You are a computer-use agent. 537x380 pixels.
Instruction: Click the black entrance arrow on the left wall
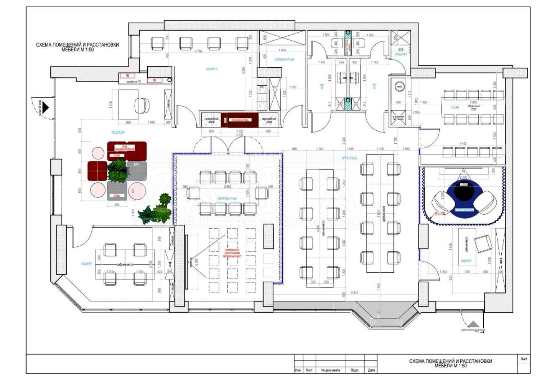45,107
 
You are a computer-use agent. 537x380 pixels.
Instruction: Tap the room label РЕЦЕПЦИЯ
118,132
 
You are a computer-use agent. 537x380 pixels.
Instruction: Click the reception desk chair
142,105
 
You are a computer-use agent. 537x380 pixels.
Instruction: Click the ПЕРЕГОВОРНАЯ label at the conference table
227,199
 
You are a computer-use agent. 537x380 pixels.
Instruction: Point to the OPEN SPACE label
349,158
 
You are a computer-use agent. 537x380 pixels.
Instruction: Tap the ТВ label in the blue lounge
463,171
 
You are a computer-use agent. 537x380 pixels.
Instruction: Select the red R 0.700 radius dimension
439,212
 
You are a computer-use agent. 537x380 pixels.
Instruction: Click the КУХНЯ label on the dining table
455,108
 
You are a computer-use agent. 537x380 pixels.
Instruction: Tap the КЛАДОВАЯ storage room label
401,55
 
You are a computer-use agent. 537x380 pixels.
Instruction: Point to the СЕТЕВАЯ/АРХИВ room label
284,60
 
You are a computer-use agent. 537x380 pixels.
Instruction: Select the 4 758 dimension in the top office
198,51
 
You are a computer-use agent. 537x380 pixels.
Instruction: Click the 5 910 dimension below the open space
355,293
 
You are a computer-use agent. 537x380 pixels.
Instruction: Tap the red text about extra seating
233,252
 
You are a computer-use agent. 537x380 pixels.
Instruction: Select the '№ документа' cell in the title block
330,370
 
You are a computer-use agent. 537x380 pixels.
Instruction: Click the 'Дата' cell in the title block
371,370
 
